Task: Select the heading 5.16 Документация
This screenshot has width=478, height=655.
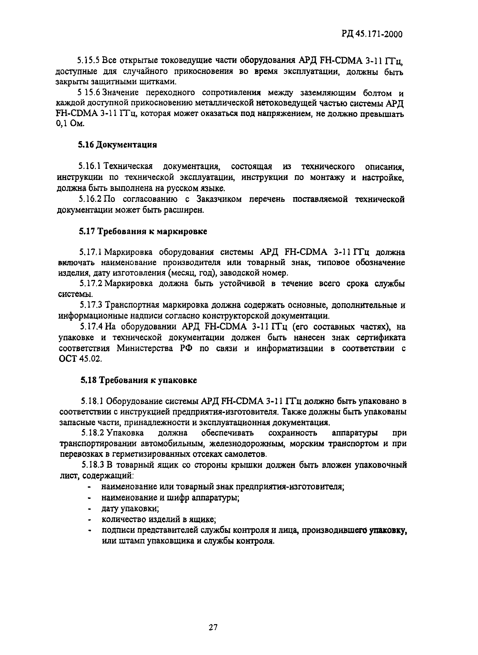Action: coord(117,144)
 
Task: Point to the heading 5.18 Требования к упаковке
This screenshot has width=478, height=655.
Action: coord(139,380)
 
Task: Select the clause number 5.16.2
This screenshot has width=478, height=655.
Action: coord(90,199)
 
